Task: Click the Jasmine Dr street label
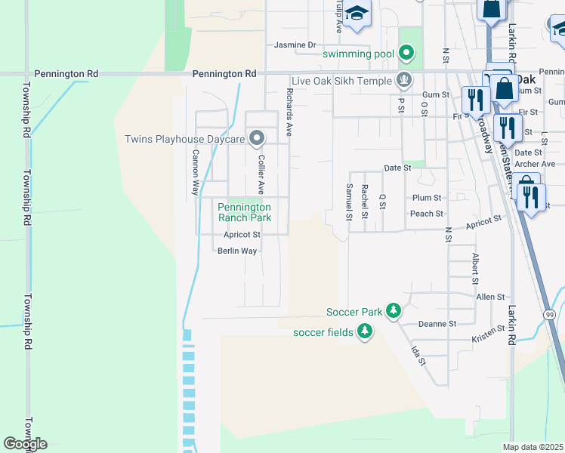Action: pos(295,45)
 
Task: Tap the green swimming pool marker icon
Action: pos(406,53)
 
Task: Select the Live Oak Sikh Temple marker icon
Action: pos(405,80)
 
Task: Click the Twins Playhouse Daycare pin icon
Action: pos(257,138)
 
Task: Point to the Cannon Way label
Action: pos(195,172)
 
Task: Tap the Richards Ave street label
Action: pos(289,113)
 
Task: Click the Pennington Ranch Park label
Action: pos(244,212)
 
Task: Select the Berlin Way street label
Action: pos(237,251)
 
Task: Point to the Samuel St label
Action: pos(349,202)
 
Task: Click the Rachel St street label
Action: pos(365,202)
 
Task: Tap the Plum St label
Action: pos(427,197)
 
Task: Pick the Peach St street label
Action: pos(427,214)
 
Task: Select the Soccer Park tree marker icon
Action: pos(393,310)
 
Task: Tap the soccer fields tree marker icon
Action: pos(365,331)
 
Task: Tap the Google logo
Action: pos(25,444)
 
